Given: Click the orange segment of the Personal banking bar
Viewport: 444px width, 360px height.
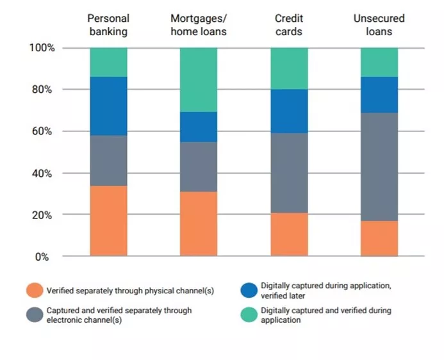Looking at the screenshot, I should click(x=108, y=221).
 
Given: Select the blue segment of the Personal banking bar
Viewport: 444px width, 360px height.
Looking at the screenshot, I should click(x=108, y=106).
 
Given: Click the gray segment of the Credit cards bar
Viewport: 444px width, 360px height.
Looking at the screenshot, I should click(x=288, y=173).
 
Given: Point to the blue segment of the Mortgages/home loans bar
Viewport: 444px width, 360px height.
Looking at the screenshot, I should click(x=199, y=127).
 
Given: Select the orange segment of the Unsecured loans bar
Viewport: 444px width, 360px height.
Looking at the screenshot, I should click(x=379, y=238).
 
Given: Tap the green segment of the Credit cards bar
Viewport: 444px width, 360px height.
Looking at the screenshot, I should click(x=288, y=69).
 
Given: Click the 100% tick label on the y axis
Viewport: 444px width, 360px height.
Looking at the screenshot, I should click(x=42, y=48).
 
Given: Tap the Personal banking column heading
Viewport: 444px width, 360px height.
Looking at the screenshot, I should click(x=108, y=26).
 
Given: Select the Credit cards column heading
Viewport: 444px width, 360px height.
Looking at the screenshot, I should click(x=288, y=26).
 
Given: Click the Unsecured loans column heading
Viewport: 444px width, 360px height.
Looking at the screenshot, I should click(x=379, y=26).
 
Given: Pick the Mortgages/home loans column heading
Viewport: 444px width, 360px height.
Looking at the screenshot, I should click(x=199, y=26).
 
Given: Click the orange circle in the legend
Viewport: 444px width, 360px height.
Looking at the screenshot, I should click(x=34, y=291).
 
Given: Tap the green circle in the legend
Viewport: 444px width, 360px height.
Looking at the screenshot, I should click(x=248, y=315).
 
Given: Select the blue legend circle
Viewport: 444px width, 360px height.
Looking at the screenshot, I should click(x=248, y=290).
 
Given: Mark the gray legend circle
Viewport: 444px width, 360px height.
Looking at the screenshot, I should click(x=34, y=315).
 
